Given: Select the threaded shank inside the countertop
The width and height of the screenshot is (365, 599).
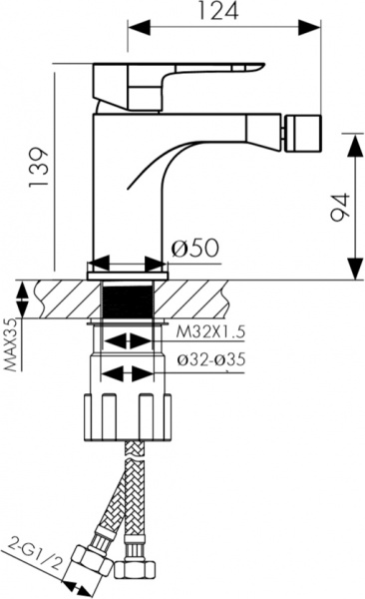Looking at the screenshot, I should (127, 299).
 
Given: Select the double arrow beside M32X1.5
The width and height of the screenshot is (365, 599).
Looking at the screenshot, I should (128, 340).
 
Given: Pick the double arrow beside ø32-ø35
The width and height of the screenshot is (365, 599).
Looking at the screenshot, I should (128, 374).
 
